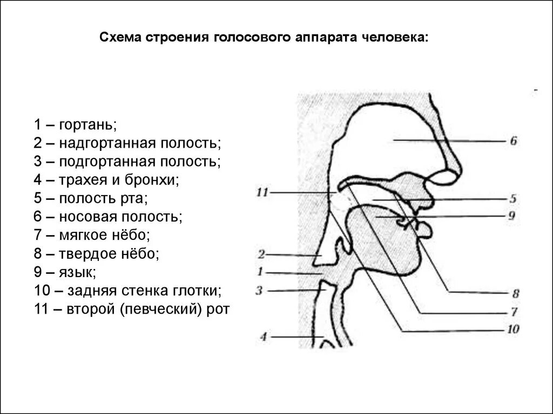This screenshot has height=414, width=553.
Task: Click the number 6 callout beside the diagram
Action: coord(513,141)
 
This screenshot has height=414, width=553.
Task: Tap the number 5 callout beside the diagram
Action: coord(513,199)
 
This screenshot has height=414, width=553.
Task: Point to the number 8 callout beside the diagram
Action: coord(515,294)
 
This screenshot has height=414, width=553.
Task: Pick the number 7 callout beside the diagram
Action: coord(514,312)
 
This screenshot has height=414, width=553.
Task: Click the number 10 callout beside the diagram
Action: coord(512,329)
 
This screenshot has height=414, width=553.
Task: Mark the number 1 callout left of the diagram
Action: coord(260,272)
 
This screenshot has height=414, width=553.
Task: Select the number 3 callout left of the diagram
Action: coord(259,291)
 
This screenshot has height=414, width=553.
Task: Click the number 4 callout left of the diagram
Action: coord(263,337)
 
